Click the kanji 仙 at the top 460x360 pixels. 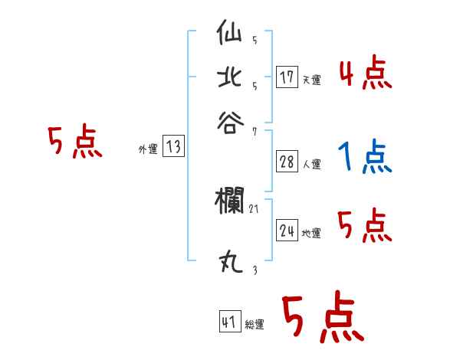pos(231,35)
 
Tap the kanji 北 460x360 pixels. pos(231,77)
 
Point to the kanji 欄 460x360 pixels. pos(230,201)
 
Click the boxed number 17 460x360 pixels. pos(287,77)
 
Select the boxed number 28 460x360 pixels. pos(287,162)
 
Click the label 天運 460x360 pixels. pos(311,80)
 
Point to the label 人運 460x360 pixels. pos(311,165)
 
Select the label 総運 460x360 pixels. pos(255,325)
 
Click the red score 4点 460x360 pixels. pos(365,74)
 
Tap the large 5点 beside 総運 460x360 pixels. pos(322,319)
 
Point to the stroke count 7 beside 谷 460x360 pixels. pos(254,131)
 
